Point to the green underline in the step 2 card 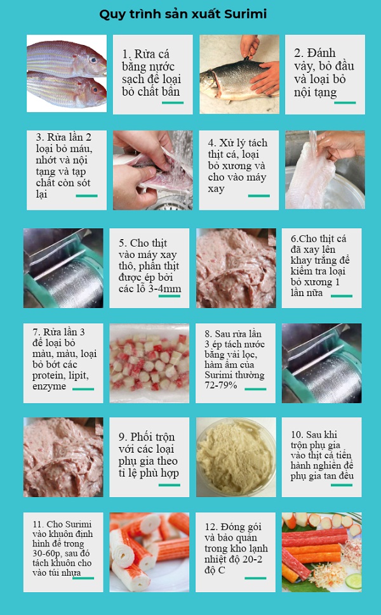345,102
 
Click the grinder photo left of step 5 63,268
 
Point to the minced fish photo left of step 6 236,268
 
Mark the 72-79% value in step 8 220,385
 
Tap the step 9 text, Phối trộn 148,437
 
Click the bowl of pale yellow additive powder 236,455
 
